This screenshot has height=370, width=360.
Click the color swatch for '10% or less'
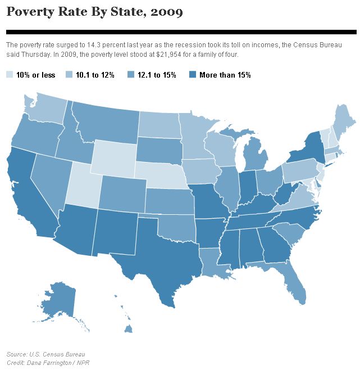pyautogui.click(x=10, y=74)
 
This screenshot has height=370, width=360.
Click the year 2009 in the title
pyautogui.click(x=166, y=11)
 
